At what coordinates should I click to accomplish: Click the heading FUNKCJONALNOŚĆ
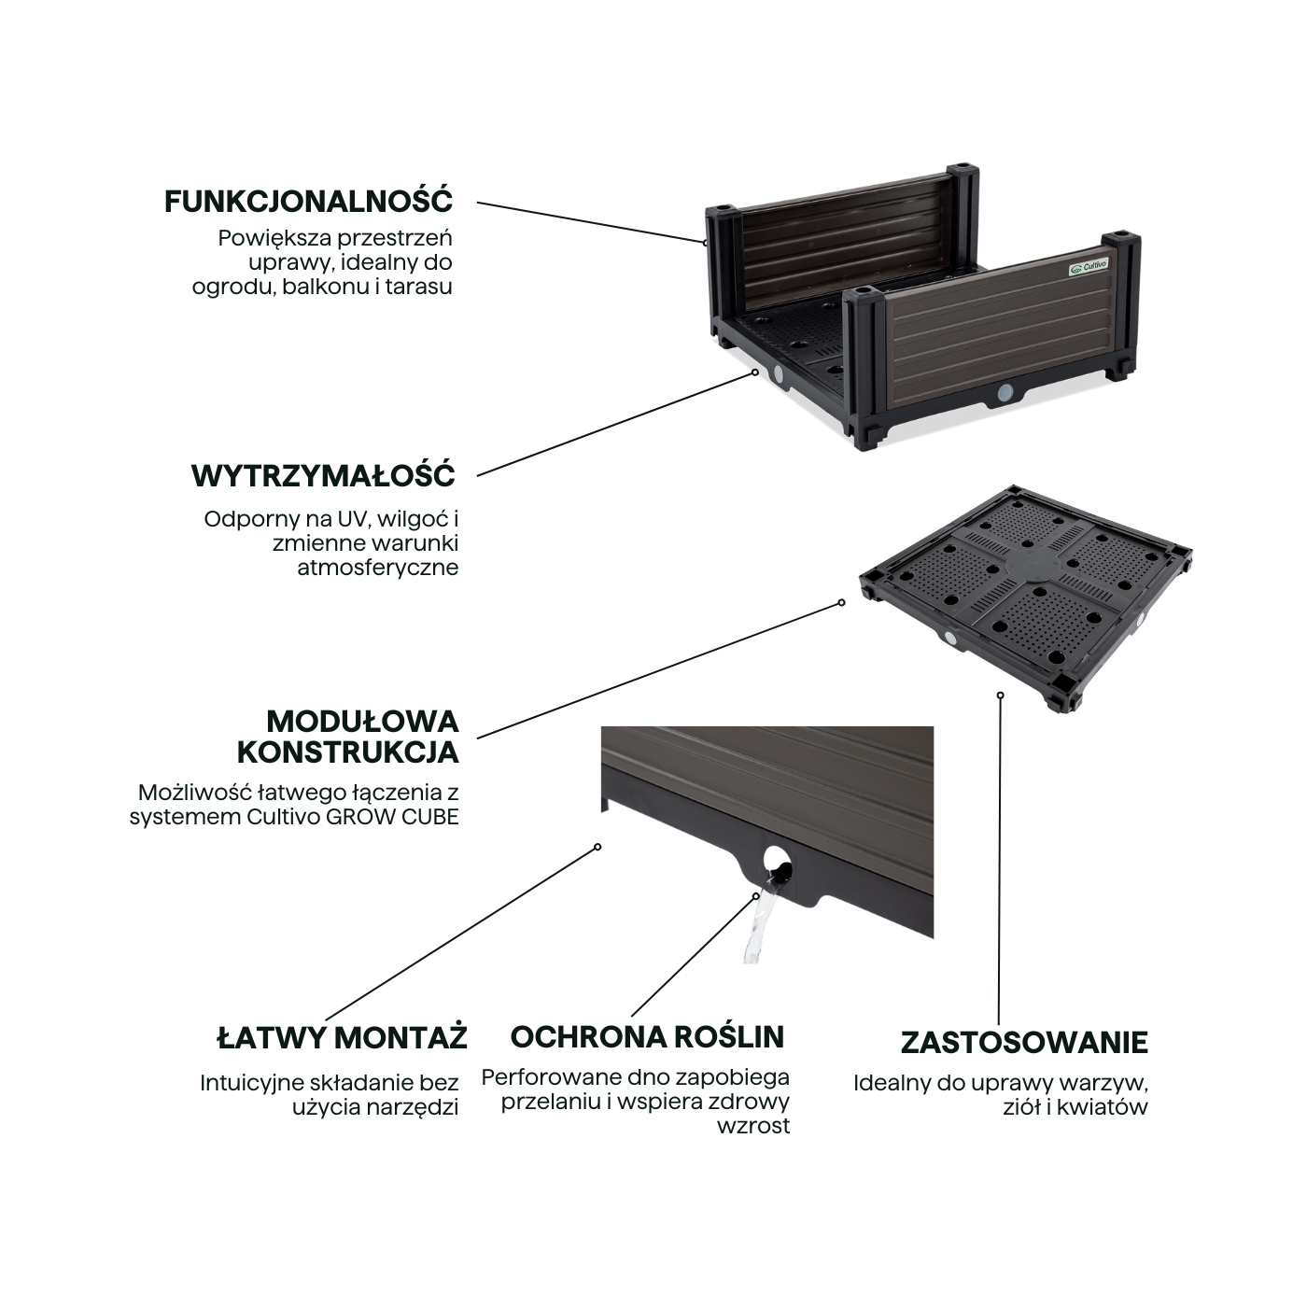pos(309,202)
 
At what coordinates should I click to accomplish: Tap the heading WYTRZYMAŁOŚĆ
pos(324,476)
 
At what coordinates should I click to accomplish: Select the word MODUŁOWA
pos(363,722)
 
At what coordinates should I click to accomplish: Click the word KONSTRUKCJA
pos(348,752)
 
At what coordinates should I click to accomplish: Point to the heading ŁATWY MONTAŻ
pos(343,1038)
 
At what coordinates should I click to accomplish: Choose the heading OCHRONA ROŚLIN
pos(647,1037)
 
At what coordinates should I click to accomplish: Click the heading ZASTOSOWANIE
pos(1024,1043)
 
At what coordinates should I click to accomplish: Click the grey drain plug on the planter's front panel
pos(1005,392)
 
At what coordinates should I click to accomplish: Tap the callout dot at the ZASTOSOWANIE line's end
pos(1000,695)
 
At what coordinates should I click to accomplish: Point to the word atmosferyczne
pos(378,568)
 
